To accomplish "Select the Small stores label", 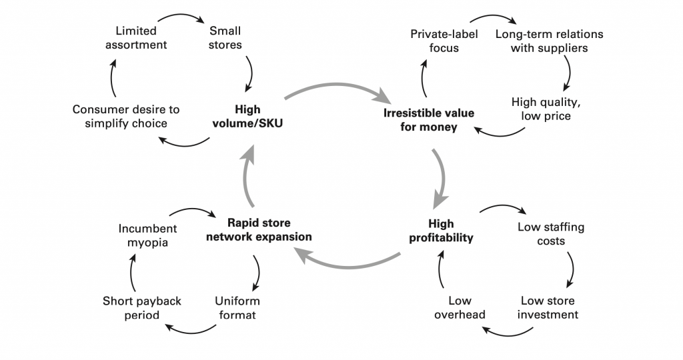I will (225, 38).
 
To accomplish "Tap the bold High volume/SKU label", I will (247, 117).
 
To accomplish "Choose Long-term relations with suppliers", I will (540, 41).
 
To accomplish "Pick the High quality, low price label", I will (541, 109).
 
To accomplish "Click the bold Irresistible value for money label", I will (429, 120).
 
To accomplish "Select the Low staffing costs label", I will (551, 233).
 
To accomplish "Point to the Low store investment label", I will (548, 307).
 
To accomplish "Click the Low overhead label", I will (460, 307).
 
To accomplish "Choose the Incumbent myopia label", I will (143, 235).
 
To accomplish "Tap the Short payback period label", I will (141, 307).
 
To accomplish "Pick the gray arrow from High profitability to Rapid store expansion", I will (347, 264).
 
